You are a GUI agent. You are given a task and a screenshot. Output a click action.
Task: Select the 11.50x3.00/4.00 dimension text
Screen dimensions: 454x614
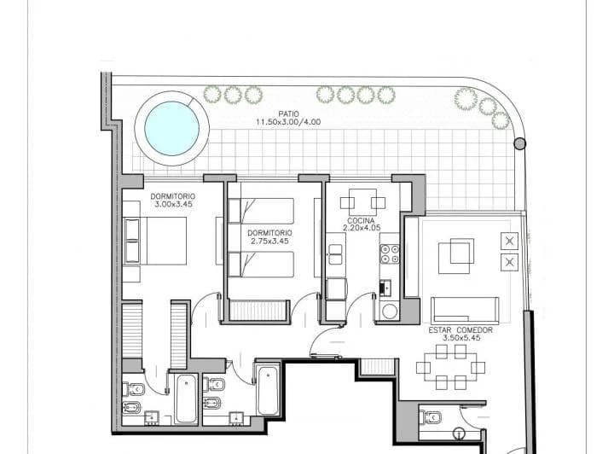pos(288,122)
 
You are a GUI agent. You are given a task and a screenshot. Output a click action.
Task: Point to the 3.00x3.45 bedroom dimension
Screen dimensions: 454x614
pos(175,205)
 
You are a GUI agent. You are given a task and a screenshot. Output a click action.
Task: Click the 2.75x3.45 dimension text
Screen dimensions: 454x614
pos(270,241)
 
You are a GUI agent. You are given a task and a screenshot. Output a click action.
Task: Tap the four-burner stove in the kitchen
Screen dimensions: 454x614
pos(390,254)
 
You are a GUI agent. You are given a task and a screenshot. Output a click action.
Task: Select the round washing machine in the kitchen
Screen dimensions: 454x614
pos(390,311)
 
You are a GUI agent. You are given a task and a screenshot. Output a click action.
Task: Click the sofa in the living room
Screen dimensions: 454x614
pos(465,308)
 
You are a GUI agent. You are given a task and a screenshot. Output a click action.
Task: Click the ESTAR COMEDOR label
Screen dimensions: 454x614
pos(456,329)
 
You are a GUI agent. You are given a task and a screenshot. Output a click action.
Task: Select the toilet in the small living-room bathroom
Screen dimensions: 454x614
pos(431,417)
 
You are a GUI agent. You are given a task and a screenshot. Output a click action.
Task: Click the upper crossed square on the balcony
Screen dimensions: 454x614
pos(510,241)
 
